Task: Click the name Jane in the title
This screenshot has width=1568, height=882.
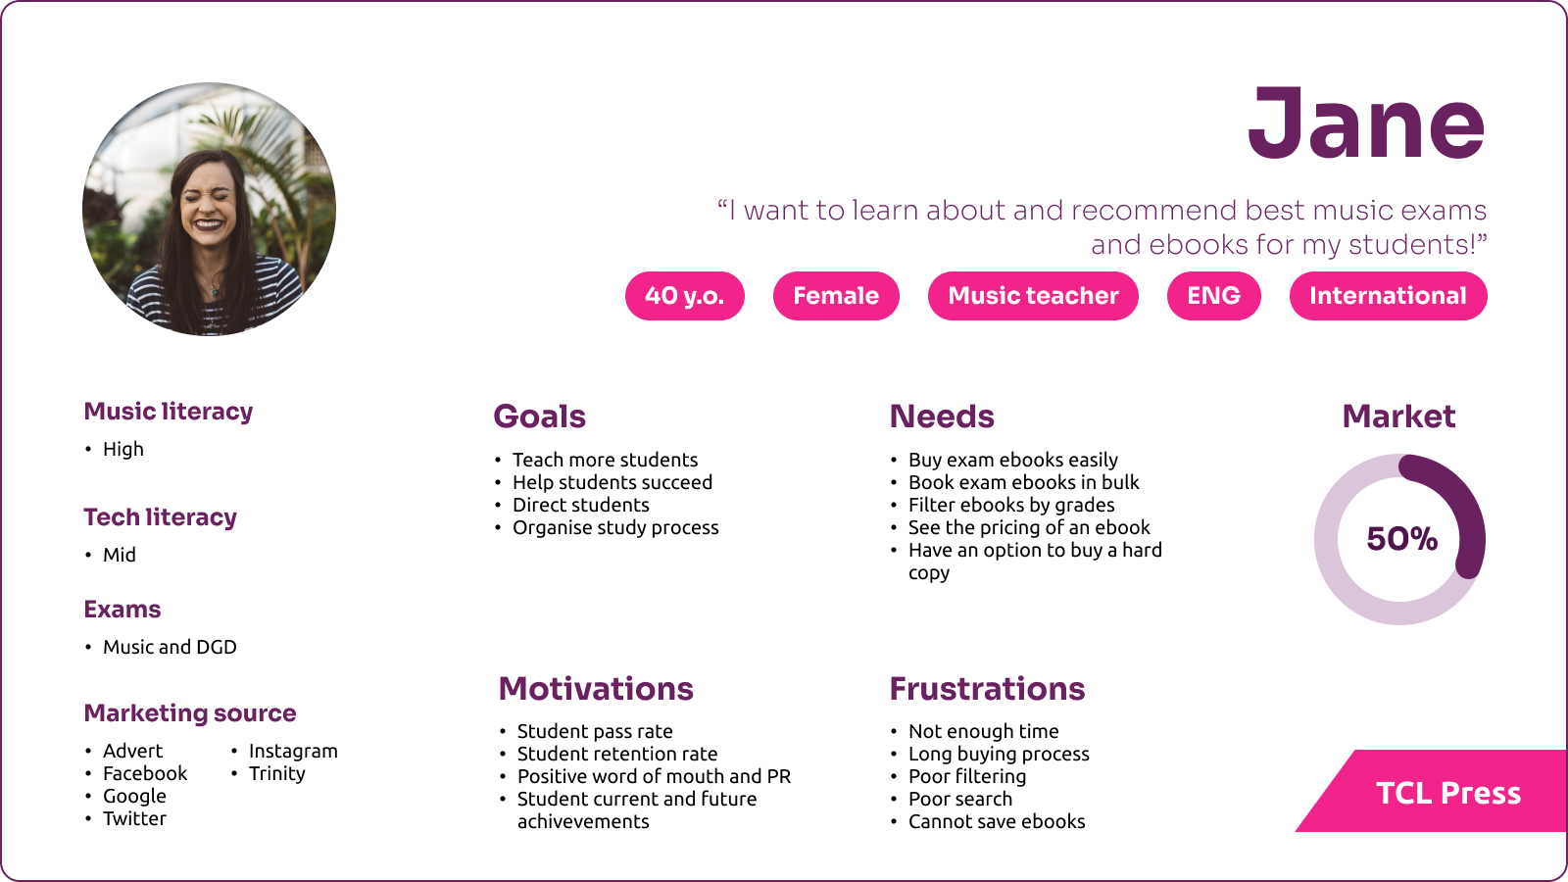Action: click(x=1366, y=123)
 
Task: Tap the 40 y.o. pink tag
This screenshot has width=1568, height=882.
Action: click(x=685, y=295)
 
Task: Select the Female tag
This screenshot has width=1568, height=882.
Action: click(x=836, y=295)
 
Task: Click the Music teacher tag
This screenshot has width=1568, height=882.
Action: click(x=1033, y=295)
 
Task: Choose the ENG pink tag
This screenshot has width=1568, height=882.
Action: click(x=1214, y=295)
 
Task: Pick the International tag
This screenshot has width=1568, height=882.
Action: click(x=1388, y=295)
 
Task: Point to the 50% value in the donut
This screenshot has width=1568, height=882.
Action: click(x=1401, y=538)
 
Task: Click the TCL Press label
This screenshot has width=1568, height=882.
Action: click(x=1448, y=793)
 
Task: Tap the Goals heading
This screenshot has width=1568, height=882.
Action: click(x=539, y=416)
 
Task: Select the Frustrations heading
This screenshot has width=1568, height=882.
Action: click(x=987, y=689)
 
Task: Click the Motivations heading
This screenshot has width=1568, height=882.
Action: click(x=596, y=689)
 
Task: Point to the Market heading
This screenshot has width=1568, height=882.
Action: click(x=1398, y=416)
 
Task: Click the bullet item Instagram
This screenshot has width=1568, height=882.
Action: click(x=293, y=751)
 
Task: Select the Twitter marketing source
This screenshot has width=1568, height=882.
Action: click(x=134, y=818)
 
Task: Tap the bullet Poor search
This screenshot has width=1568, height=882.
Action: click(x=959, y=799)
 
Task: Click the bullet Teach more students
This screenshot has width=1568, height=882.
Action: click(x=605, y=460)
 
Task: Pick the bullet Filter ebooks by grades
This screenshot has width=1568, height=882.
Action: click(x=1011, y=505)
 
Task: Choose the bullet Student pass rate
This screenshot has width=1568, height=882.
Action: click(x=595, y=731)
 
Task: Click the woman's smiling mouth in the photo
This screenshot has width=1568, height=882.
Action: click(x=208, y=224)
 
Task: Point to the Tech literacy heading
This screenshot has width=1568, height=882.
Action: click(x=161, y=517)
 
